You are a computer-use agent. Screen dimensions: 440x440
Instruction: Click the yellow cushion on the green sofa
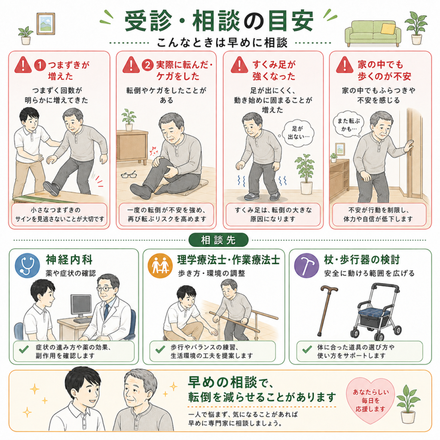[x=388, y=28]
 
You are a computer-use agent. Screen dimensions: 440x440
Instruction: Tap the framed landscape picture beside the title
[x=46, y=24]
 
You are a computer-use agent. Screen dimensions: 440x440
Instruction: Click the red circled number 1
[x=40, y=65]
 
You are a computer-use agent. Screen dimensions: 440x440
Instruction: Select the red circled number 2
[x=148, y=65]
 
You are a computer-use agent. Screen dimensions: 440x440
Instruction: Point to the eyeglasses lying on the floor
[x=128, y=175]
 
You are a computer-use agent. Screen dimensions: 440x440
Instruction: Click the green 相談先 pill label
[x=218, y=240]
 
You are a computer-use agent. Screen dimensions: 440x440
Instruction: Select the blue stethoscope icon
[x=27, y=266]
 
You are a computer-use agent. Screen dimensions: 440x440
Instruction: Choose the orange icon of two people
[x=160, y=266]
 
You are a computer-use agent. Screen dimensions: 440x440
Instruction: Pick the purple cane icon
[x=306, y=266]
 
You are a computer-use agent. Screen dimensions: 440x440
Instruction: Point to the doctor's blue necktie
[x=107, y=312]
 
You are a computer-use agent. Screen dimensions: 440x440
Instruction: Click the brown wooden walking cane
[x=327, y=310]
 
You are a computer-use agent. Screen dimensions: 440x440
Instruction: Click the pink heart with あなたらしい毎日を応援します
[x=370, y=400]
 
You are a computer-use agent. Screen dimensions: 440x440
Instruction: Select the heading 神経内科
[x=69, y=260]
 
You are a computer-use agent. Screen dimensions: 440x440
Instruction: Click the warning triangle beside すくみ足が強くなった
[x=239, y=65]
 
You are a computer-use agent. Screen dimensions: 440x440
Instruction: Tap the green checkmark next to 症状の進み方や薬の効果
[x=24, y=349]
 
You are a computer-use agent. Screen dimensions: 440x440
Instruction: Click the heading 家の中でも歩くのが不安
[x=384, y=70]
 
